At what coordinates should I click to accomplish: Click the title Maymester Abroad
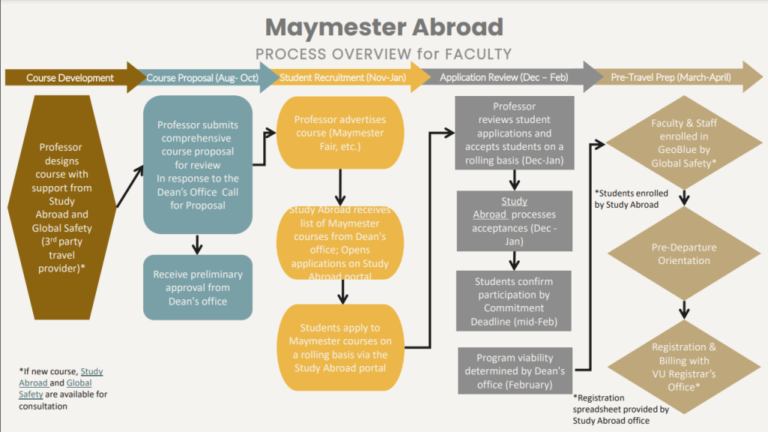(x=384, y=27)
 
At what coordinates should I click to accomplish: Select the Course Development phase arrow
(x=71, y=77)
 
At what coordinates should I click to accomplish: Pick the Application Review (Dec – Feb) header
(x=504, y=77)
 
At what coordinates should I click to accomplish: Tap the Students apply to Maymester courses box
(x=340, y=347)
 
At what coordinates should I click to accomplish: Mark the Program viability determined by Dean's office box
(x=514, y=370)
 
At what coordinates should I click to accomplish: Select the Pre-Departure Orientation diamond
(x=683, y=254)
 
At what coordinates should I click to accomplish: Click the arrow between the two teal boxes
(x=196, y=244)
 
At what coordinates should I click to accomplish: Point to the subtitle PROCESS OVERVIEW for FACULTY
(x=384, y=54)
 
